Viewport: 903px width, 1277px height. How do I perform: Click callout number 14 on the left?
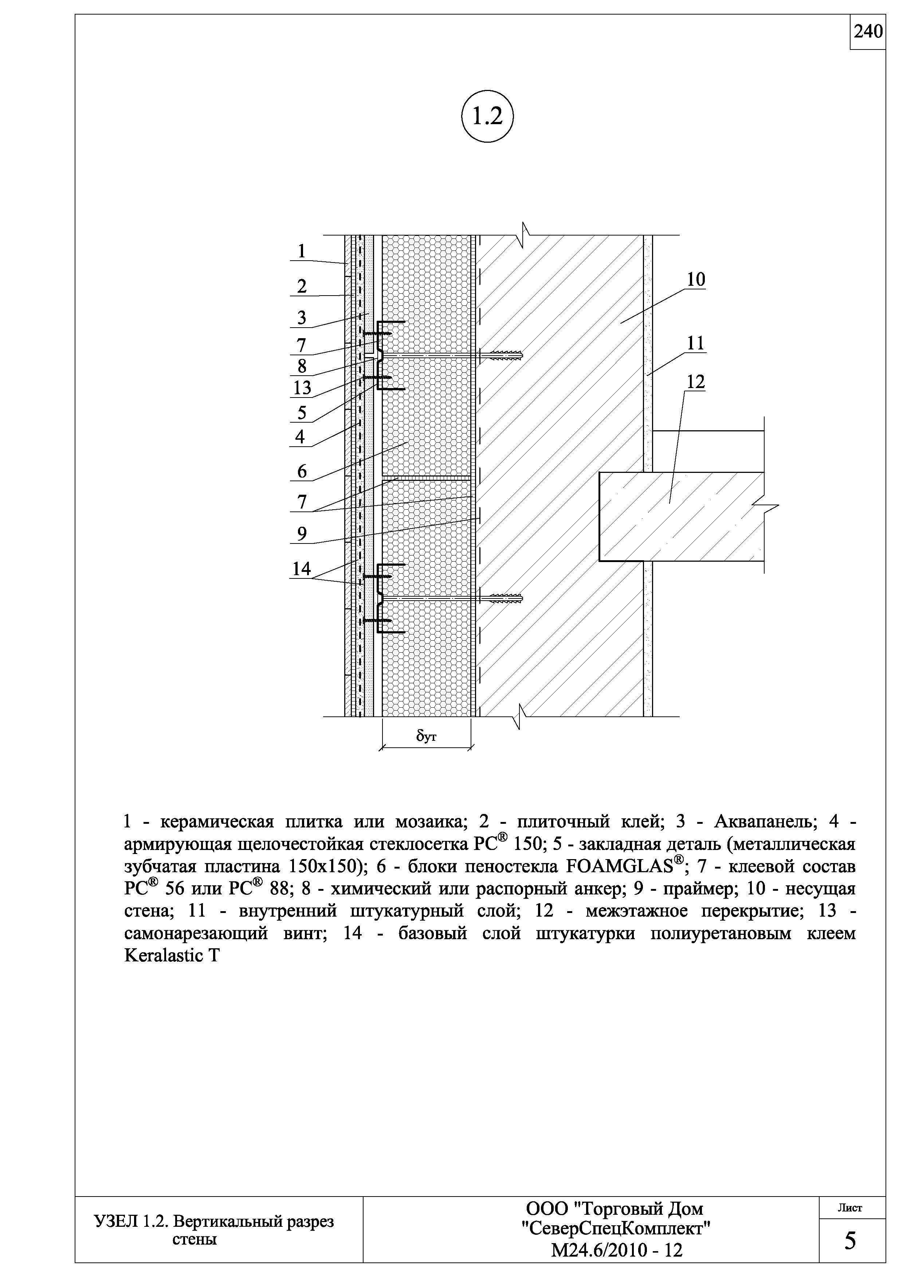pos(302,568)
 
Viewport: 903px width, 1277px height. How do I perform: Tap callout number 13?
pos(302,388)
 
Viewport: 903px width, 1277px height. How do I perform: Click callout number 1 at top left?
pos(302,252)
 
